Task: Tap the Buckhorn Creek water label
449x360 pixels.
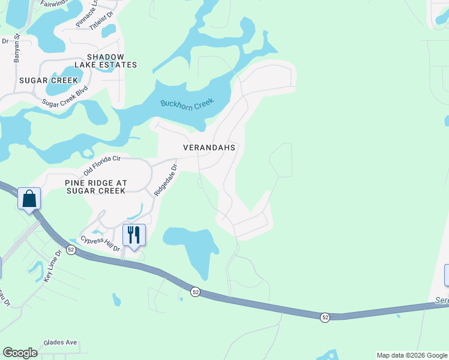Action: tap(187, 103)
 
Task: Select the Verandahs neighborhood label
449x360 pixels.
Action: tap(209, 147)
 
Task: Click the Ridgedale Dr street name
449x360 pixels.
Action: tap(166, 180)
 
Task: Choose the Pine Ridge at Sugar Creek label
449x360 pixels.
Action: tap(96, 186)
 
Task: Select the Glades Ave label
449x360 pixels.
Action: tap(60, 343)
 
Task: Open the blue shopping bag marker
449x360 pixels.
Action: tap(29, 199)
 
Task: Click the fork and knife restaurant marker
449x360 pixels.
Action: tap(134, 235)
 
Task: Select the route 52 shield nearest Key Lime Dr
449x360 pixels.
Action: tap(71, 250)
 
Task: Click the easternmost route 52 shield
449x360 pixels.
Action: tap(325, 317)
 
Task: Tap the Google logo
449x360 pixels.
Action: tap(20, 353)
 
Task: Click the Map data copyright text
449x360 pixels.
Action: tap(411, 355)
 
